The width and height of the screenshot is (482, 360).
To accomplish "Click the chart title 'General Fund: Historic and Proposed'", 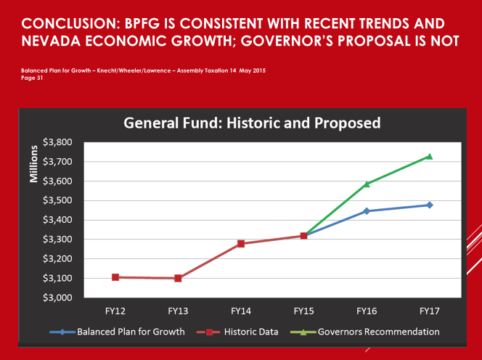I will click(x=252, y=123).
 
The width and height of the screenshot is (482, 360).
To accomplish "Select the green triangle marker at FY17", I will click(x=429, y=156).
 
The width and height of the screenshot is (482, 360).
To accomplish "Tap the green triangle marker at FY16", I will click(x=367, y=184).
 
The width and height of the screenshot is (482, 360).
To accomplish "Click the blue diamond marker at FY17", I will click(x=429, y=205).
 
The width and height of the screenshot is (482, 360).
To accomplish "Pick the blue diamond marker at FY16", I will click(x=367, y=211).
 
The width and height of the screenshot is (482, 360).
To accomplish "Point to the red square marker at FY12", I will click(x=115, y=277).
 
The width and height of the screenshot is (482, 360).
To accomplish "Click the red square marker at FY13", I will click(x=178, y=278).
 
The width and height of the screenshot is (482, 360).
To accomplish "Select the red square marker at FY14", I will click(x=241, y=244).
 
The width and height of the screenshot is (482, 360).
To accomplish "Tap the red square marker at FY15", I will click(x=303, y=236).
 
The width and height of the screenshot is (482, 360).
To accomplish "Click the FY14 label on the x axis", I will click(x=241, y=311).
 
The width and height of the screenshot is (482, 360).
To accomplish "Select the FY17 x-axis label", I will click(x=429, y=311).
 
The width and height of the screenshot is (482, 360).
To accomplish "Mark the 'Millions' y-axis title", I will click(x=33, y=168).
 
